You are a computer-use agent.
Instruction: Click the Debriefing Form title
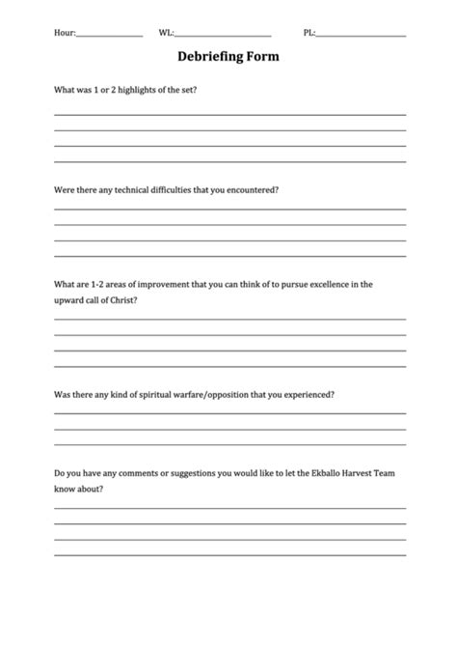(x=228, y=57)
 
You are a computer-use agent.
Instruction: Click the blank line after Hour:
(x=109, y=35)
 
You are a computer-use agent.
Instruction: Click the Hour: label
(x=65, y=33)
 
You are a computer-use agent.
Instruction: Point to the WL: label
(x=167, y=33)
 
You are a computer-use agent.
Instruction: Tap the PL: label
(x=309, y=33)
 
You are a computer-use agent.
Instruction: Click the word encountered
(x=255, y=189)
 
